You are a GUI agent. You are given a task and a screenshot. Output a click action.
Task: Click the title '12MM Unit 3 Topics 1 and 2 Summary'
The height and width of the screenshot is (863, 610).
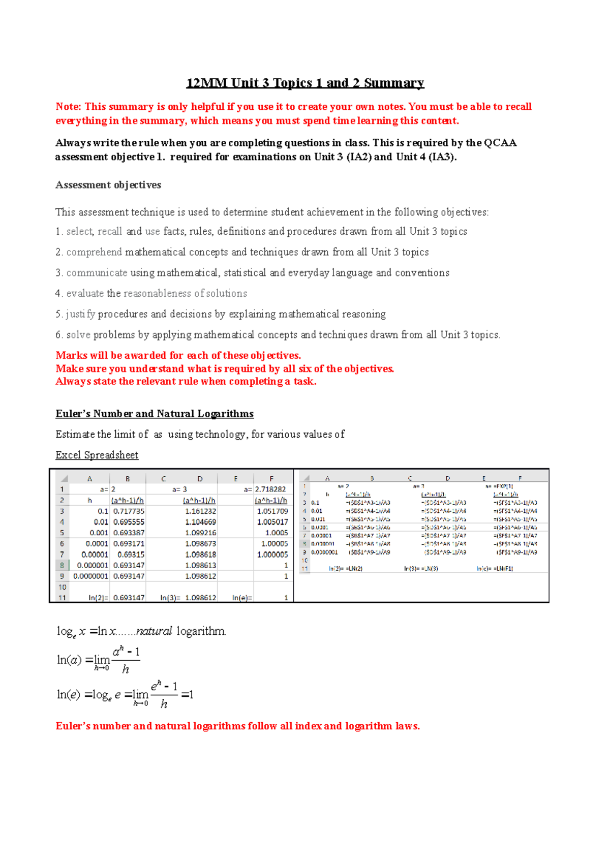(x=305, y=83)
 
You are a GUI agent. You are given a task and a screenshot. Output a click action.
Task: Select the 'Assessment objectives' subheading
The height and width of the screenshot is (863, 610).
(x=108, y=185)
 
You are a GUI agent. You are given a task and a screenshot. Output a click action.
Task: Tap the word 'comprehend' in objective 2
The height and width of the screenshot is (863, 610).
(x=94, y=252)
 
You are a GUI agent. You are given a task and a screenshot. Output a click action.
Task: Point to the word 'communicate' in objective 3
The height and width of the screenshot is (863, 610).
(x=97, y=273)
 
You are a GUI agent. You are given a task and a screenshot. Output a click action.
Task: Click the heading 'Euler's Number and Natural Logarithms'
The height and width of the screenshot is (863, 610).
(x=155, y=414)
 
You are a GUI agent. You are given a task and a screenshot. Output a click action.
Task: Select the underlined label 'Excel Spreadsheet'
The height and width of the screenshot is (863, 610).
(x=97, y=455)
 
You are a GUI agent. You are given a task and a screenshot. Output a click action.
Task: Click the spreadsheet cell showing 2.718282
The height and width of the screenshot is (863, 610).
(x=271, y=489)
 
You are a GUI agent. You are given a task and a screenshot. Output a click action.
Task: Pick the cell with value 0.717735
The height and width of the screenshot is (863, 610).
(x=129, y=511)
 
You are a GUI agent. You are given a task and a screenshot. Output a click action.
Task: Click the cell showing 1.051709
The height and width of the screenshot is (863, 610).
(x=272, y=511)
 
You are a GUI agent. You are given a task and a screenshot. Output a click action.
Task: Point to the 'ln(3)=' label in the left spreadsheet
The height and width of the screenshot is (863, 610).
(x=170, y=598)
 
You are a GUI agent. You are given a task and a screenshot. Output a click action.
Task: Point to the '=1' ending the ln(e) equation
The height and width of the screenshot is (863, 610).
(x=187, y=694)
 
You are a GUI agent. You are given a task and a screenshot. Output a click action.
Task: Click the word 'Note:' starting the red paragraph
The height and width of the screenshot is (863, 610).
(x=69, y=107)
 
